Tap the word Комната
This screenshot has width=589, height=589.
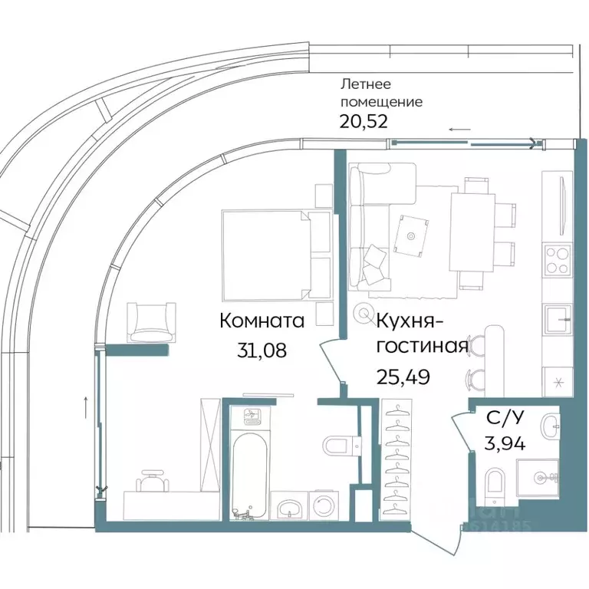pos(262,321)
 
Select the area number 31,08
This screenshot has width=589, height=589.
pos(263,350)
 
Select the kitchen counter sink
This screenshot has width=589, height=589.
pos(557,315)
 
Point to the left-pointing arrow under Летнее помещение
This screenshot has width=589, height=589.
pos(460,130)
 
